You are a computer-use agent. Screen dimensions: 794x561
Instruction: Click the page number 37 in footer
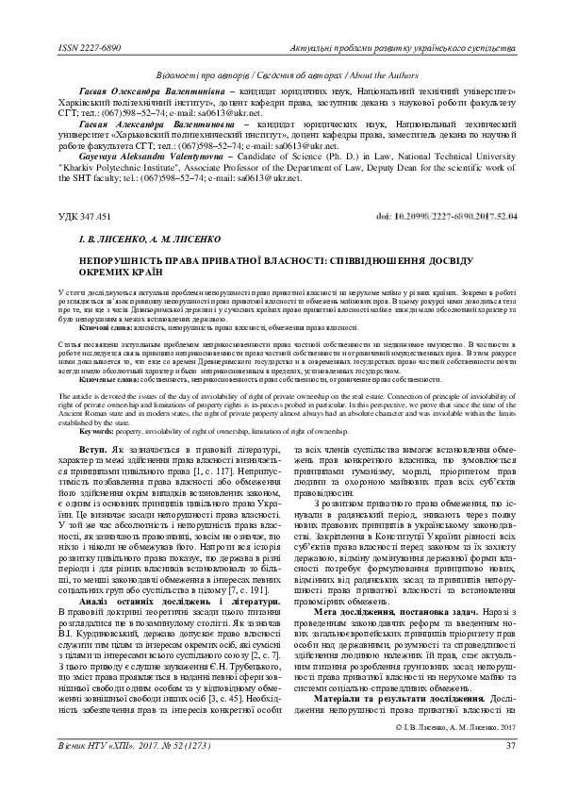(512, 772)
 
